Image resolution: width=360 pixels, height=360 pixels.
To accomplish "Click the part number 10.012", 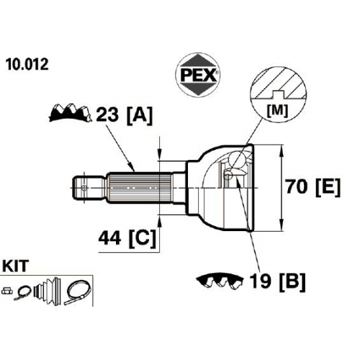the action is pyautogui.click(x=27, y=65).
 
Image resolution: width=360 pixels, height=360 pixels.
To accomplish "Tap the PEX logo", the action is pyautogui.click(x=197, y=75).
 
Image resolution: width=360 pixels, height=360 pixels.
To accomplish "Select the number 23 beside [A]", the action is pyautogui.click(x=107, y=114).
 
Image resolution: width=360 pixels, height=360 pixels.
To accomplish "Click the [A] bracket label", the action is pyautogui.click(x=140, y=115).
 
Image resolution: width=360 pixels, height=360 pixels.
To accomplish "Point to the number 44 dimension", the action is pyautogui.click(x=109, y=238).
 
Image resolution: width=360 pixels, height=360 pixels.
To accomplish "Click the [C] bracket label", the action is pyautogui.click(x=143, y=239).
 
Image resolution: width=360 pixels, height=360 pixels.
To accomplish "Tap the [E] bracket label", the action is pyautogui.click(x=328, y=187).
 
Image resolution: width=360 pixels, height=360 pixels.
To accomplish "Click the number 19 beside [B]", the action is pyautogui.click(x=260, y=282).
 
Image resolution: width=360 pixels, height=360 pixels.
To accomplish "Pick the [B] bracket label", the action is pyautogui.click(x=292, y=282).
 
